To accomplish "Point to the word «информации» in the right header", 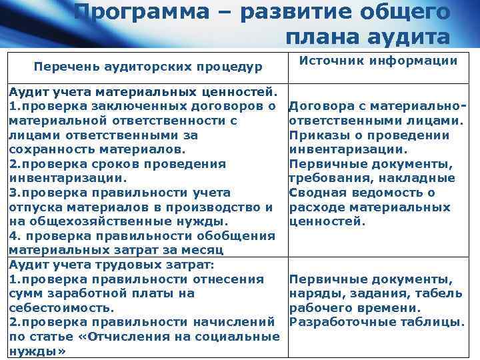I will (417, 61).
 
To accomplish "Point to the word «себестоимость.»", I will (62, 308).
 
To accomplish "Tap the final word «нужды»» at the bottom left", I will (37, 351).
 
